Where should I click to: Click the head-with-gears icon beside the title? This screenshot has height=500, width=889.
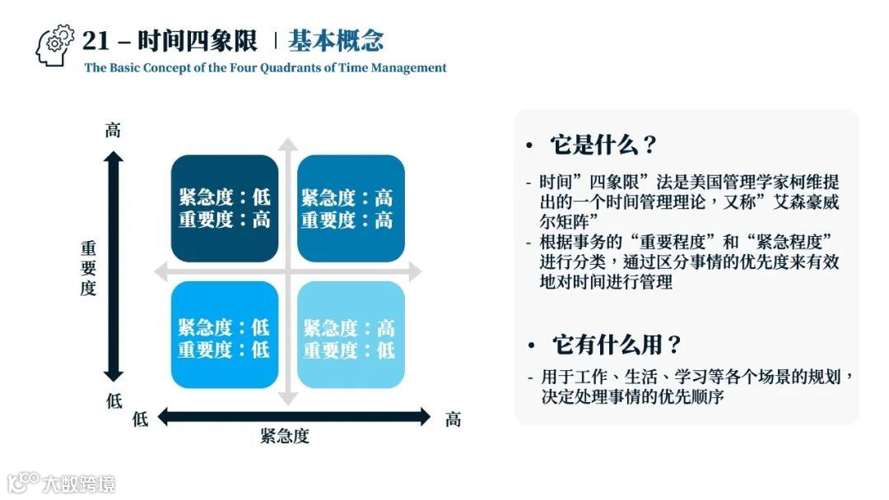point(55,44)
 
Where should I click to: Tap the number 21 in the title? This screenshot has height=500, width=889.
point(96,41)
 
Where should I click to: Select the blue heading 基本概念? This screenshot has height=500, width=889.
point(336,41)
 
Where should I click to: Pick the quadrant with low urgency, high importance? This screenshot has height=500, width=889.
point(224,208)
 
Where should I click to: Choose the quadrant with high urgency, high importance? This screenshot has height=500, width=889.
point(351,208)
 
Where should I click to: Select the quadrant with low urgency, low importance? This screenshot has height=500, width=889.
point(224,335)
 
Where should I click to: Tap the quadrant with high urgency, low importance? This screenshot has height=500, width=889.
point(351,335)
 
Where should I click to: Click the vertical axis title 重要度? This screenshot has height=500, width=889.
point(88,268)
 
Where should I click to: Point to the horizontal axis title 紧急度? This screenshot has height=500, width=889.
point(285,437)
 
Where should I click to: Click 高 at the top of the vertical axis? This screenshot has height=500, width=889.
point(113,130)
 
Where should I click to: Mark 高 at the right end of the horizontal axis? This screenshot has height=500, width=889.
point(453,419)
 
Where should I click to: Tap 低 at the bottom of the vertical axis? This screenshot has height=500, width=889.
point(114,402)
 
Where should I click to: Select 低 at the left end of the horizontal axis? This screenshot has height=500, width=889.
point(141,419)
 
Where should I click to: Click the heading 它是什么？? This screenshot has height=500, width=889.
point(603,146)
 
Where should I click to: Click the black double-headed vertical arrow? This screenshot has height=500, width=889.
point(114,266)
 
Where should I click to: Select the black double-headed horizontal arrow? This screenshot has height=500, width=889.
point(293,417)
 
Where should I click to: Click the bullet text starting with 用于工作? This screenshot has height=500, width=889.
point(691,387)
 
